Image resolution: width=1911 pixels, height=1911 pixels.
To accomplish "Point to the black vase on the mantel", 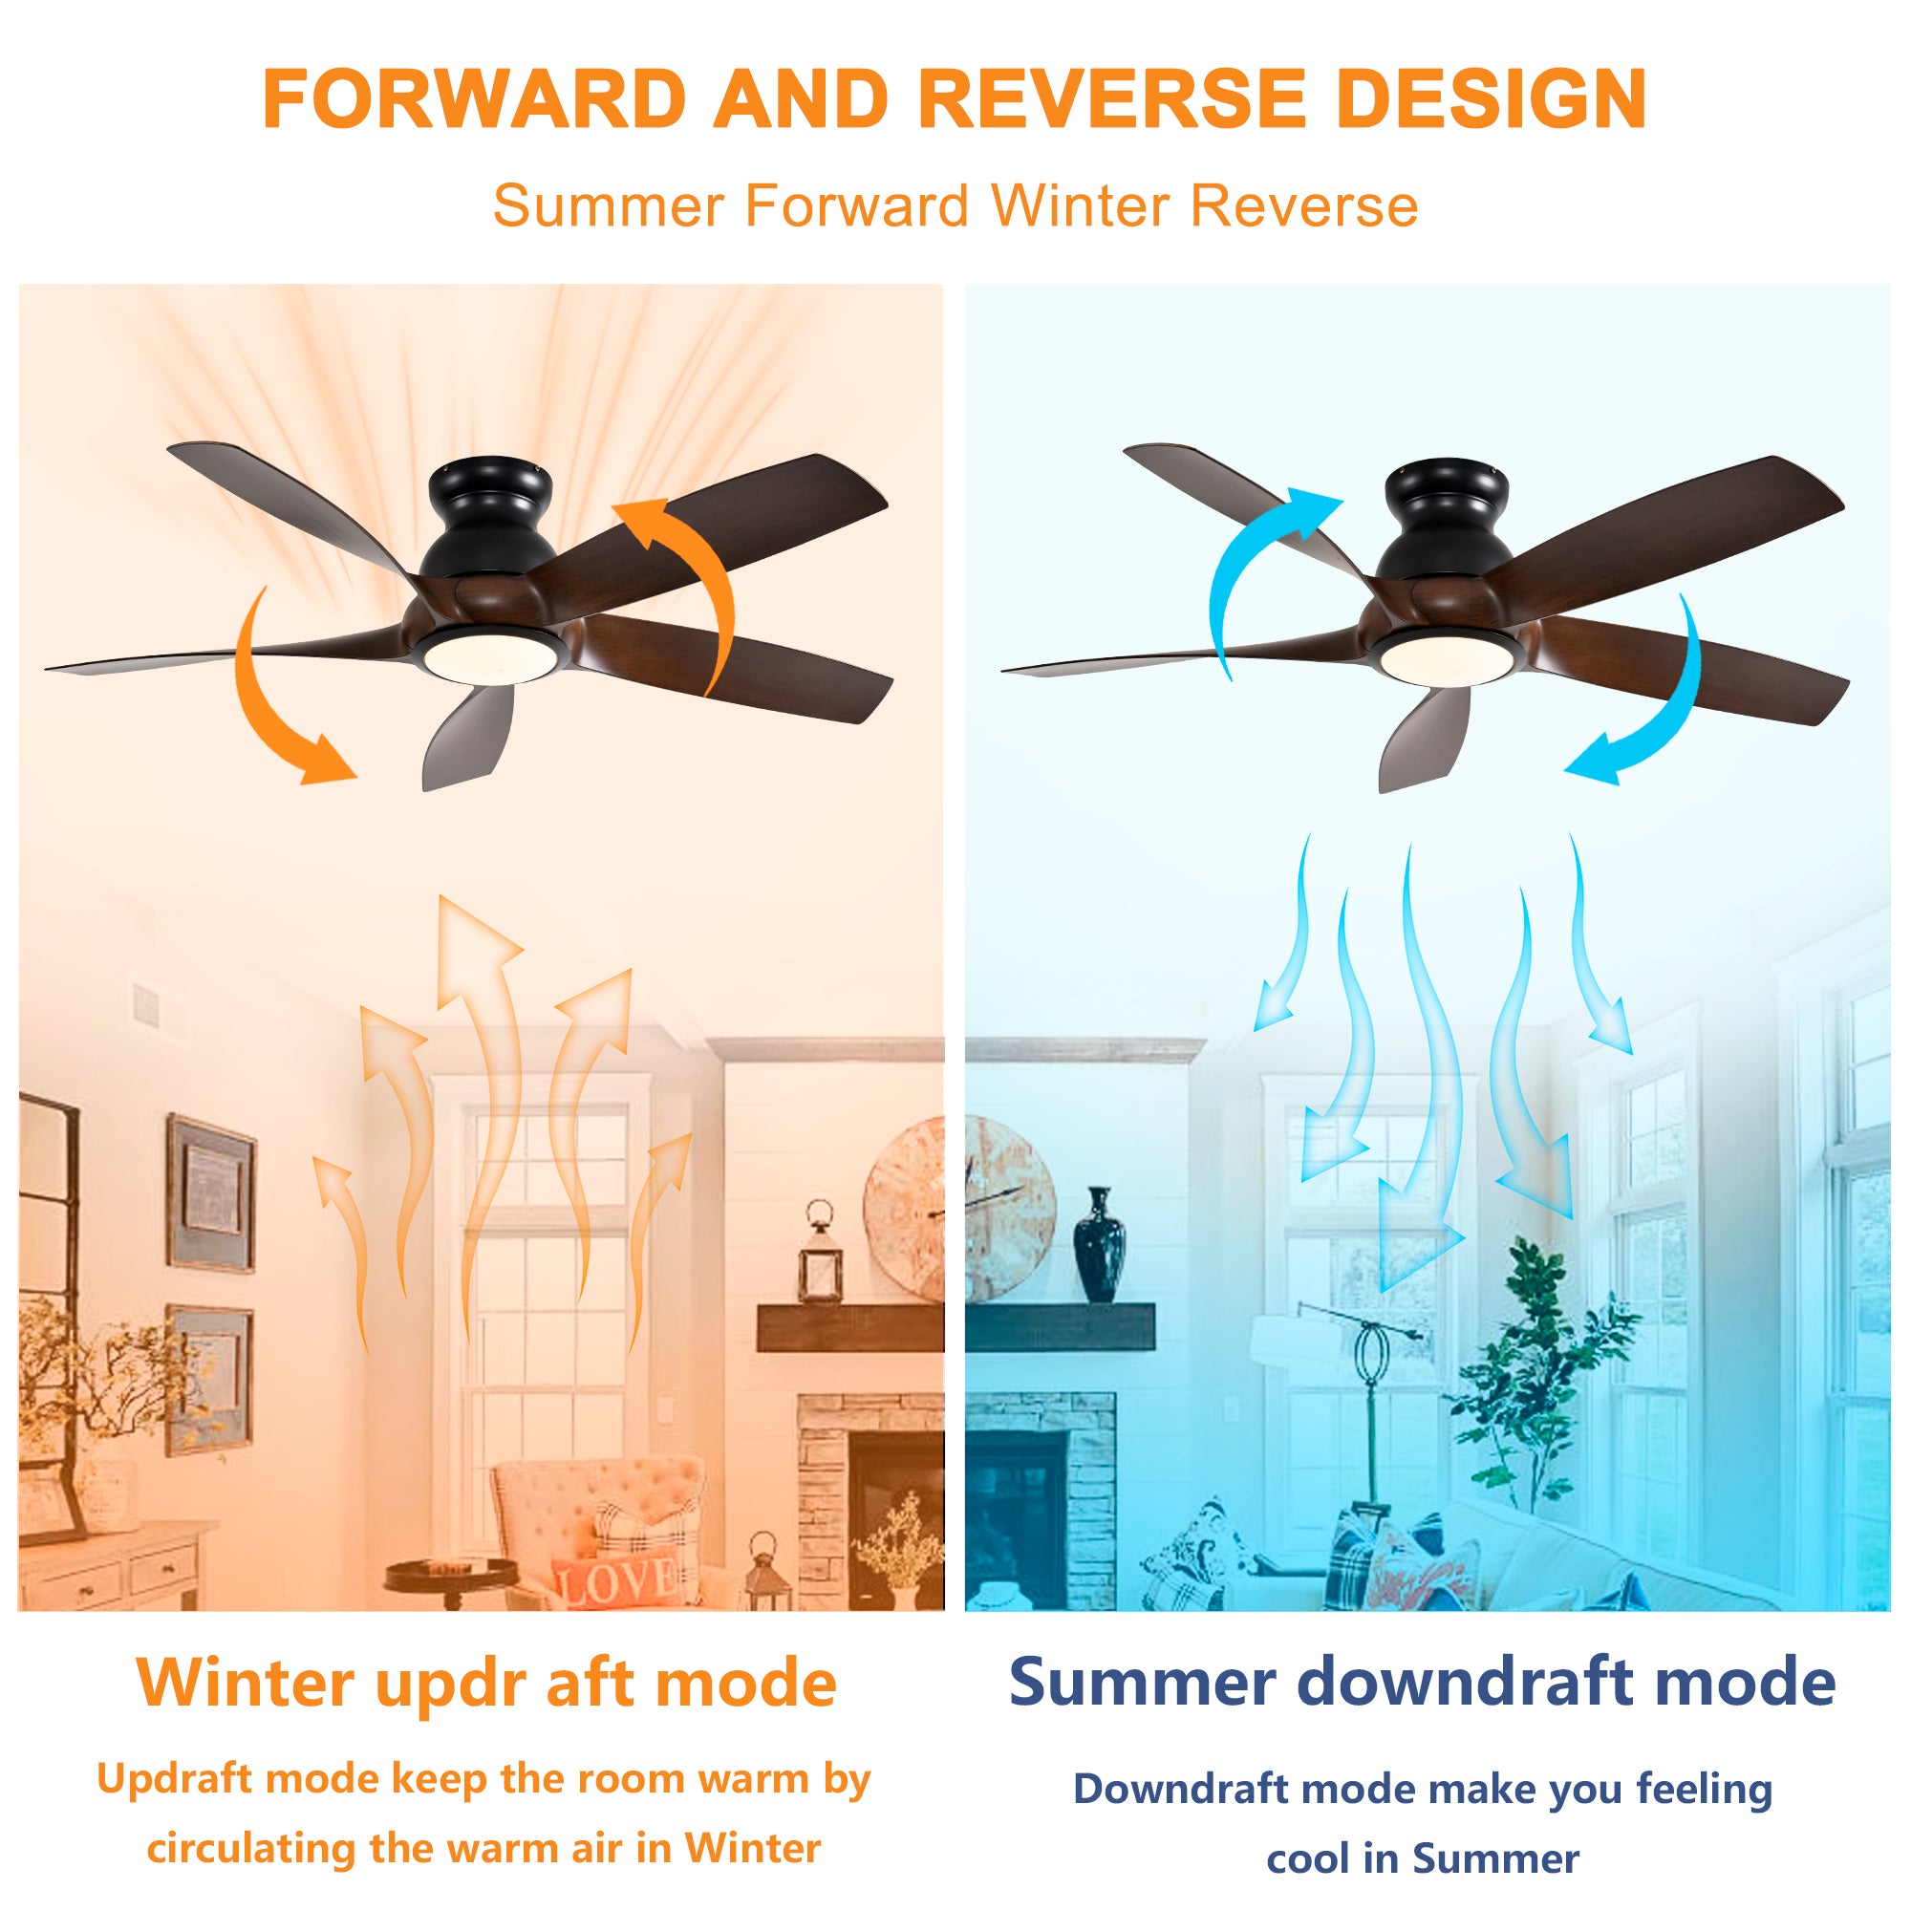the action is pyautogui.click(x=1100, y=1245).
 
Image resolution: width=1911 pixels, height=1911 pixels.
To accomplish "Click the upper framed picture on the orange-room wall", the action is pyautogui.click(x=210, y=1192).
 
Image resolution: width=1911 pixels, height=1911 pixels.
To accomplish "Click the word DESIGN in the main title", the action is pyautogui.click(x=1491, y=99).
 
